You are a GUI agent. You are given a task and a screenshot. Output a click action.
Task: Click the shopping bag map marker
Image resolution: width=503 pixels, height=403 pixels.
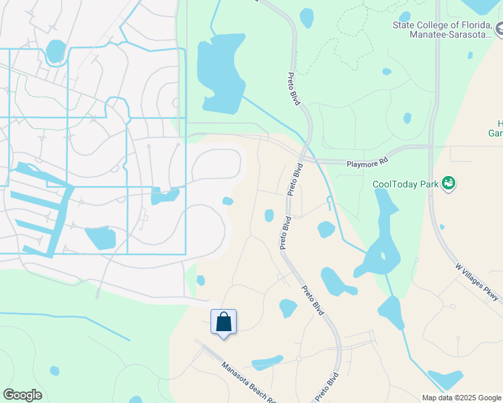coord(223,322)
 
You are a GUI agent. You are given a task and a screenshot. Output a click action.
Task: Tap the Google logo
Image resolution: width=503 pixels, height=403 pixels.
coord(22,395)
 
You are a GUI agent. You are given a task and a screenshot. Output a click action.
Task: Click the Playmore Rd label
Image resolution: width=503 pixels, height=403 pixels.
coord(368,162)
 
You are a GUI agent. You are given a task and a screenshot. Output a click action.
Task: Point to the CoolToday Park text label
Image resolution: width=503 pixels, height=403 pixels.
coord(405,184)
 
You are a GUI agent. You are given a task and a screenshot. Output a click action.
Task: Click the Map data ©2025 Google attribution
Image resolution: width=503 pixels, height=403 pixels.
coord(461,398)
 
